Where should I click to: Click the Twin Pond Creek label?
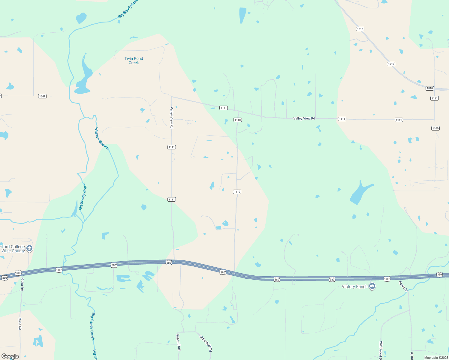tap(134, 61)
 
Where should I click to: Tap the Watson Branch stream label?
tap(101, 138)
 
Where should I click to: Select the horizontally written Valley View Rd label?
tap(304, 118)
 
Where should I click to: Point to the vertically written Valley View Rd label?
tap(172, 117)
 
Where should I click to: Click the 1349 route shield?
tap(42, 96)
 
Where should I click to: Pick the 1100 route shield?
tap(435, 128)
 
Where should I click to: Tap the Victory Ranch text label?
tap(354, 287)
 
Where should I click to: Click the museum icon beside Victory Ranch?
tap(372, 286)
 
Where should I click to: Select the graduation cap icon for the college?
tap(29, 248)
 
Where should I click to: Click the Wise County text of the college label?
tap(13, 251)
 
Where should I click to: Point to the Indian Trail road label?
tap(178, 342)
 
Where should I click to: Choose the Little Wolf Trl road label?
tap(206, 343)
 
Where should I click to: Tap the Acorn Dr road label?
tap(403, 286)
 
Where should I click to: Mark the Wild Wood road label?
tap(381, 350)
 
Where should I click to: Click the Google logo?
tap(10, 356)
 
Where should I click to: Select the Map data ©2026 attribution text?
tap(435, 358)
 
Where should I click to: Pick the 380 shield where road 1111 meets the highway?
tap(169, 263)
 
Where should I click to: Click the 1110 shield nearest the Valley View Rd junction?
tap(238, 120)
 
